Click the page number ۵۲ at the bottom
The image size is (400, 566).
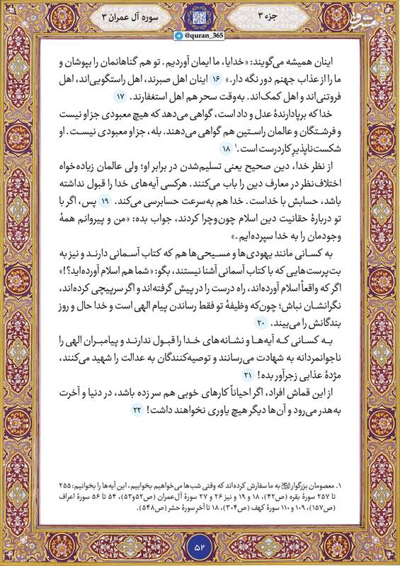click(200, 546)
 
